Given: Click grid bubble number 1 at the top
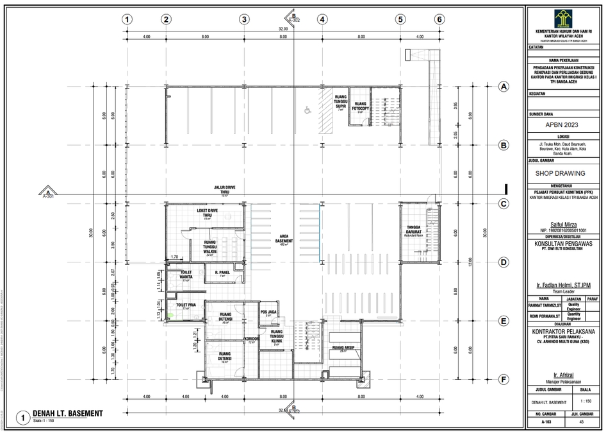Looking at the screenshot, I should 127,19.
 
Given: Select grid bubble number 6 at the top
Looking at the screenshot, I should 439,19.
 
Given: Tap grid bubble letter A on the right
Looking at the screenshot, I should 504,87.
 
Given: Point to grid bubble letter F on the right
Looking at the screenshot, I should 504,380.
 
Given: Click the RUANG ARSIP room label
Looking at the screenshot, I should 343,348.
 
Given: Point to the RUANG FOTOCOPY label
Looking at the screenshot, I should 361,106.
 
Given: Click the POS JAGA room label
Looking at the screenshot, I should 268,312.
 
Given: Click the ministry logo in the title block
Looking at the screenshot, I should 564,17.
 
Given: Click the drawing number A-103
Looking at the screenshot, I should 546,423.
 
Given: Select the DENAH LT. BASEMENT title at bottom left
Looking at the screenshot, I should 67,414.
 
